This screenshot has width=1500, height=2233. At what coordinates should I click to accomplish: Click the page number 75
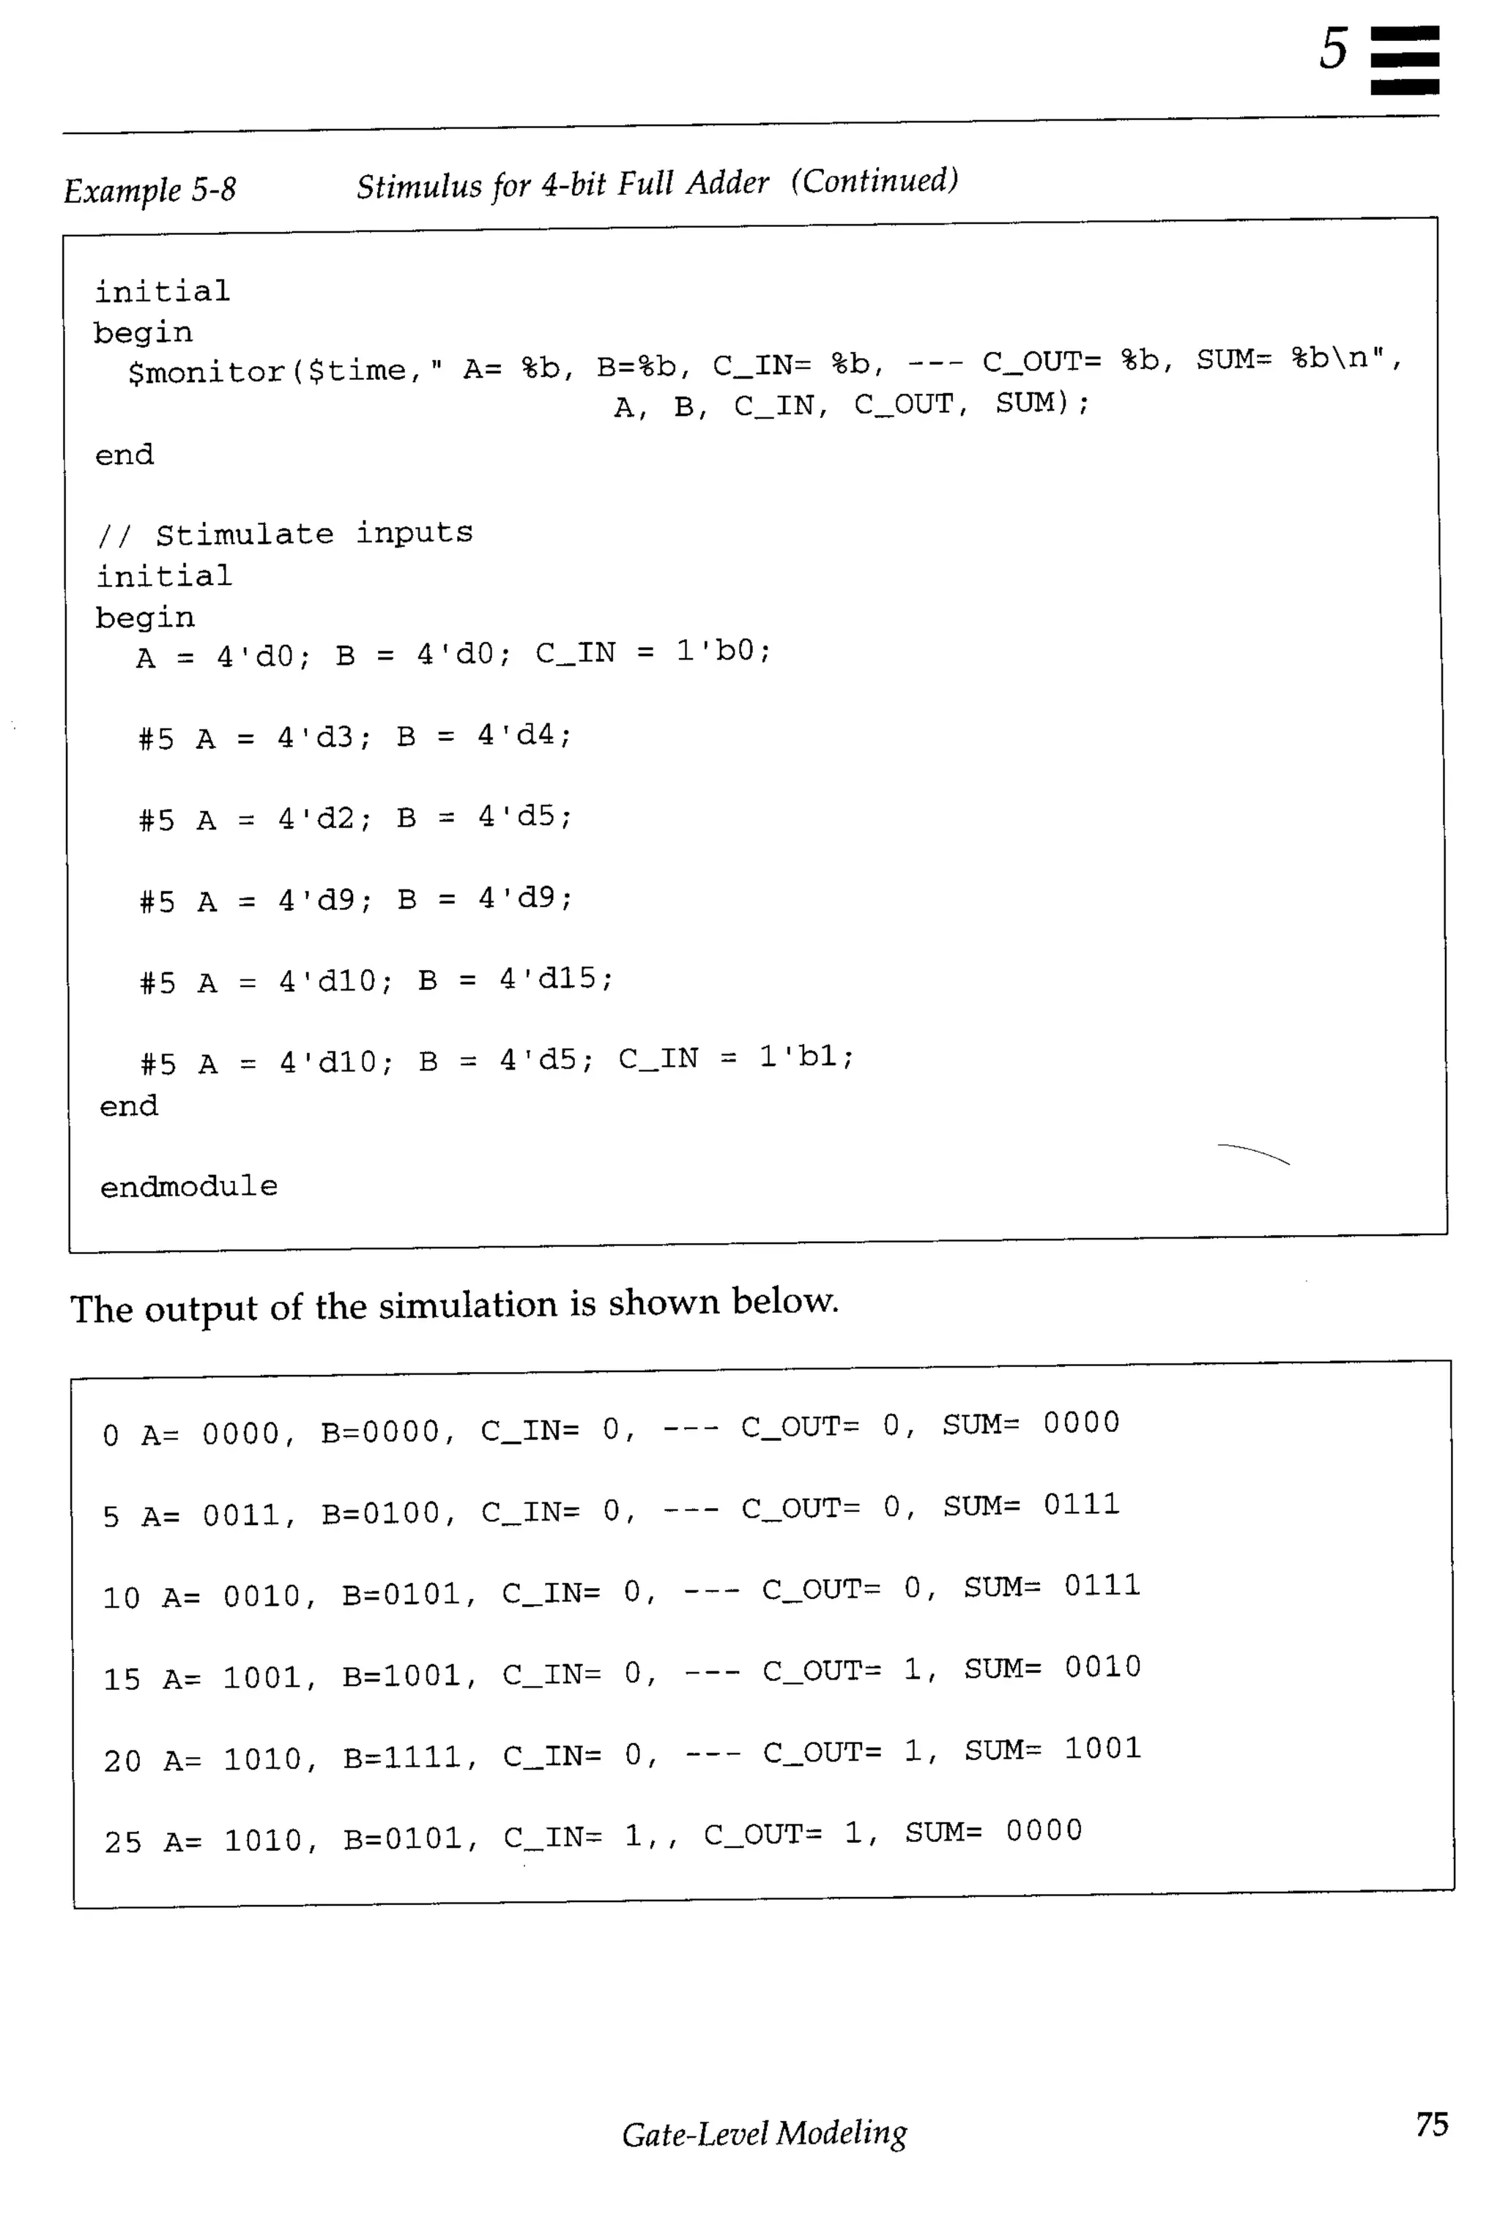(1431, 2124)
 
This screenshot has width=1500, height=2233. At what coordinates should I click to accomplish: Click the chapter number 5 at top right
(1332, 50)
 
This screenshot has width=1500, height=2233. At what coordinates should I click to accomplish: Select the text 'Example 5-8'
(149, 190)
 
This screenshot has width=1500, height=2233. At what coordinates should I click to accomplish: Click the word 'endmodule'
(188, 1187)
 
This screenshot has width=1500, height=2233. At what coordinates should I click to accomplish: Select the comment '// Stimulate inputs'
(285, 534)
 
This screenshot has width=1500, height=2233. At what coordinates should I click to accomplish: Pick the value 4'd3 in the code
(316, 737)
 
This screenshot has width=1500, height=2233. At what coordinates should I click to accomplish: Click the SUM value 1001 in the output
(1102, 1749)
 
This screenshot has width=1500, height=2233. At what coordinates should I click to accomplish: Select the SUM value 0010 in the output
(1102, 1668)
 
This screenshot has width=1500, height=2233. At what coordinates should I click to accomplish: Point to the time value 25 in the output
(122, 1843)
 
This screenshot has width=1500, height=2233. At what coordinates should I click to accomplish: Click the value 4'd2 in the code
(316, 819)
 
